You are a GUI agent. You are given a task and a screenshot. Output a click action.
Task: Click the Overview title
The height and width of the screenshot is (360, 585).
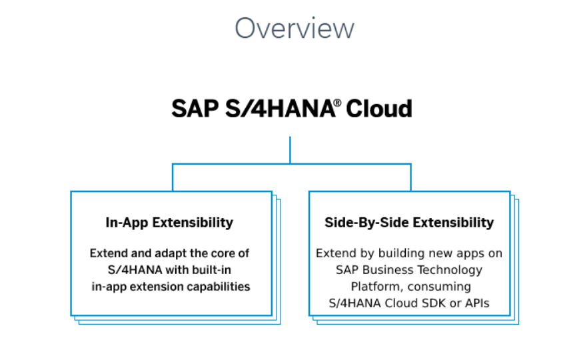(x=294, y=28)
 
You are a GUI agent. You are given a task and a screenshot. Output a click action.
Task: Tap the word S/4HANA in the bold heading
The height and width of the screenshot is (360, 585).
(x=275, y=108)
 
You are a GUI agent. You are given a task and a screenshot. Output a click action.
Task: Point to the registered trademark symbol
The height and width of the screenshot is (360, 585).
(x=337, y=103)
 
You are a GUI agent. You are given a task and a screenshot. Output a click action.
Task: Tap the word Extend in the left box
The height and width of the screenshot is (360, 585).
(x=107, y=253)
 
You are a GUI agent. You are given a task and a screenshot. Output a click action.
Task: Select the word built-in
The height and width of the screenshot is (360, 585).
(x=212, y=270)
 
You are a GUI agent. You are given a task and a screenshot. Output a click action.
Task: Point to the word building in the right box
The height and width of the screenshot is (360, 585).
(x=402, y=253)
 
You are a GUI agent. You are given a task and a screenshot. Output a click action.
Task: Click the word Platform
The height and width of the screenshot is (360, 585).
(x=376, y=287)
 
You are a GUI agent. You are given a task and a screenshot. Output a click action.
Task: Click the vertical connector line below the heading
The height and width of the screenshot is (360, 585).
(x=290, y=150)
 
